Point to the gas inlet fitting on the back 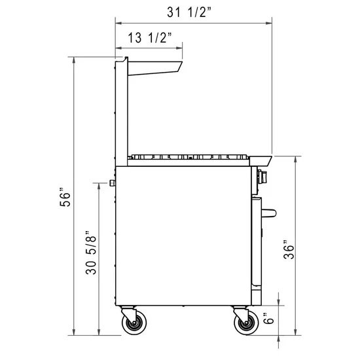tap(114, 182)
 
